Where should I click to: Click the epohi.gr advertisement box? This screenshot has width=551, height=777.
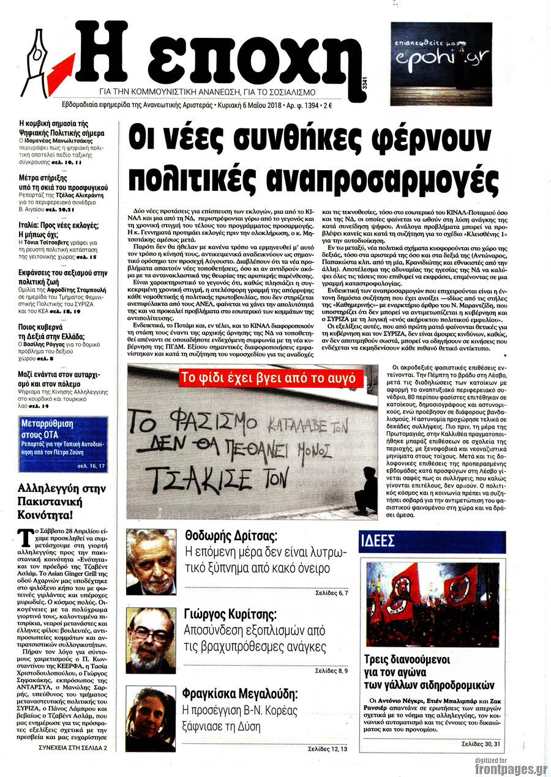[x=441, y=64]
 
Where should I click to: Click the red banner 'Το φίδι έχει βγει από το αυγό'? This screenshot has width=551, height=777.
[x=268, y=378]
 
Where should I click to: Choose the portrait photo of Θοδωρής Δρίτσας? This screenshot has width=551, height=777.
[x=151, y=562]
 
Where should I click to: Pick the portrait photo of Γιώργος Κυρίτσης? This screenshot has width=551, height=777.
[x=151, y=640]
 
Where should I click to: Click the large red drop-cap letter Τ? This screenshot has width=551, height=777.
[x=25, y=538]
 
